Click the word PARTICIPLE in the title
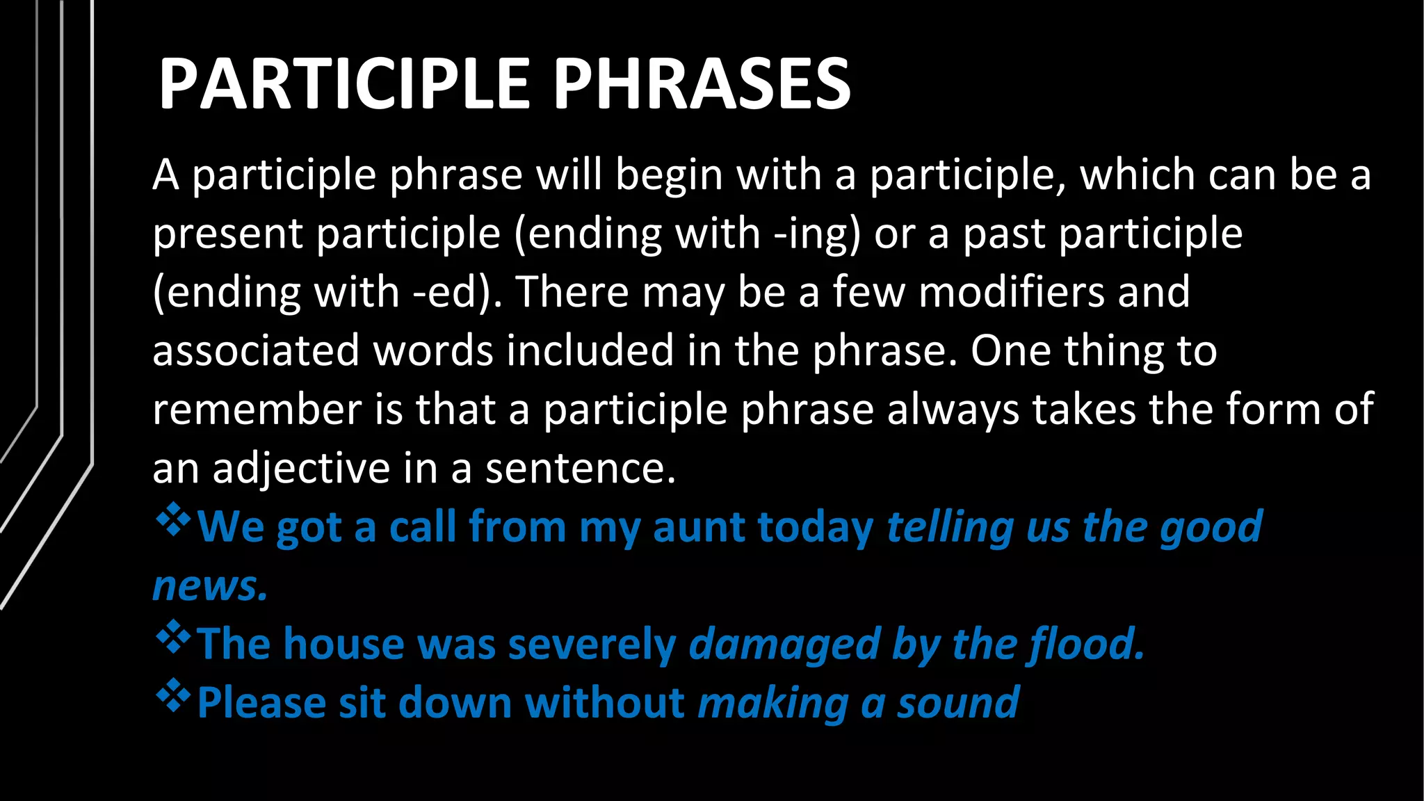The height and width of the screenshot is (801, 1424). click(x=344, y=84)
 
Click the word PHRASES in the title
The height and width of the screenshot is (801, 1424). click(x=702, y=84)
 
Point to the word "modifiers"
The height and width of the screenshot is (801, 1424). click(x=1011, y=292)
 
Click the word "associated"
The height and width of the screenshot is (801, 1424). click(x=256, y=350)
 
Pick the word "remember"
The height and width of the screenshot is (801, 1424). click(x=257, y=409)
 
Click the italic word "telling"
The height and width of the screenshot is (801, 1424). click(x=950, y=527)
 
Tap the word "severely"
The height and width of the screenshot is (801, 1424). click(x=592, y=645)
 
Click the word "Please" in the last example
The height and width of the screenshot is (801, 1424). click(x=261, y=703)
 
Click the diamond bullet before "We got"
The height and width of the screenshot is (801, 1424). click(x=172, y=521)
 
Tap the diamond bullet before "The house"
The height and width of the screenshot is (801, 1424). click(x=172, y=638)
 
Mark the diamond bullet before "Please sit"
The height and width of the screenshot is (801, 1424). click(x=172, y=697)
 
